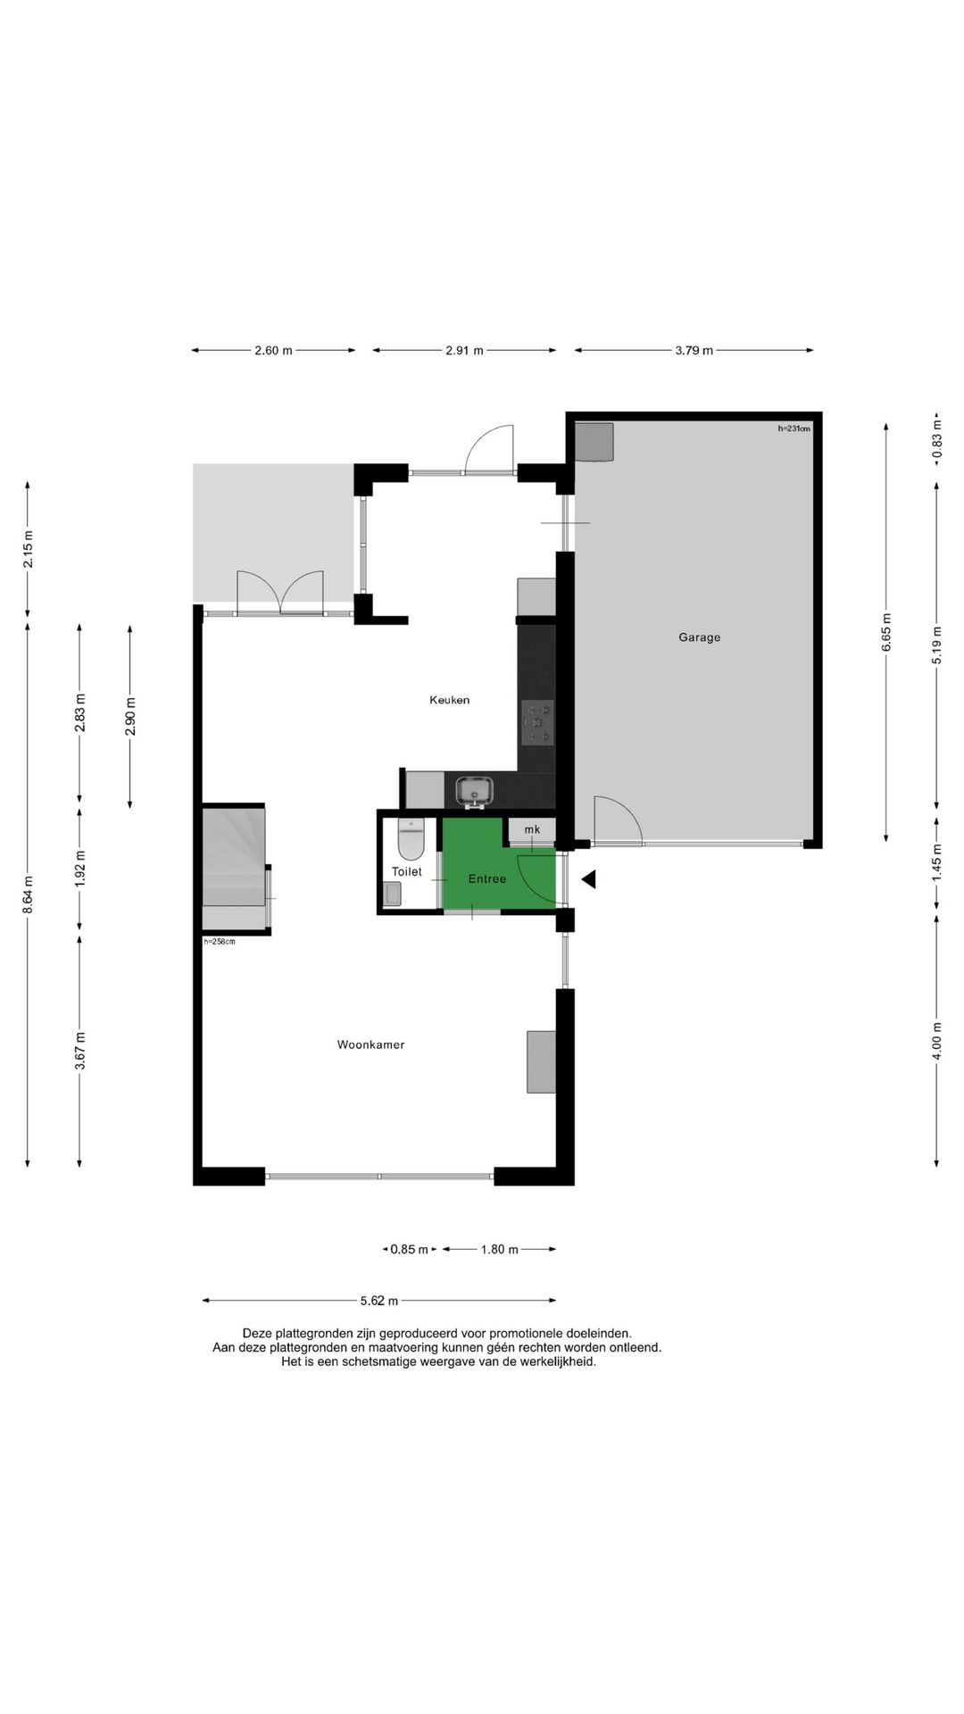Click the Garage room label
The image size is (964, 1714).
(x=699, y=637)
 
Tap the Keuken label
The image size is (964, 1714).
(x=449, y=700)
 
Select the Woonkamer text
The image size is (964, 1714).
(x=370, y=1044)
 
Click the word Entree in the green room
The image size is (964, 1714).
(x=487, y=879)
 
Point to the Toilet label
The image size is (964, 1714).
(x=407, y=871)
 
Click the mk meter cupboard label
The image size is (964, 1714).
(x=532, y=829)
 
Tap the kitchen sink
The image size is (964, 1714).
(x=474, y=791)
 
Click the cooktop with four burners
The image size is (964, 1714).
(x=537, y=722)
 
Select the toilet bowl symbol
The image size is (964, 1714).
(x=411, y=839)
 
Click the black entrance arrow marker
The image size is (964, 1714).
(x=589, y=880)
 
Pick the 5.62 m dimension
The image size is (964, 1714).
(x=379, y=1301)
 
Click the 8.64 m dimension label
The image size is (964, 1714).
(x=28, y=894)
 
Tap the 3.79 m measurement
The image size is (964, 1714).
(x=694, y=351)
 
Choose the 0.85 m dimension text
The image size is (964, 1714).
(x=409, y=1250)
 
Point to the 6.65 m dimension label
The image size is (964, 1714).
(x=886, y=632)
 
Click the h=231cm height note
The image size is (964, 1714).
(x=794, y=428)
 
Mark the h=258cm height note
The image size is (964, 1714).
(x=220, y=941)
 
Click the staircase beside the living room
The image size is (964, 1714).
(x=234, y=869)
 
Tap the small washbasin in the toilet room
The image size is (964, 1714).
(x=393, y=894)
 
